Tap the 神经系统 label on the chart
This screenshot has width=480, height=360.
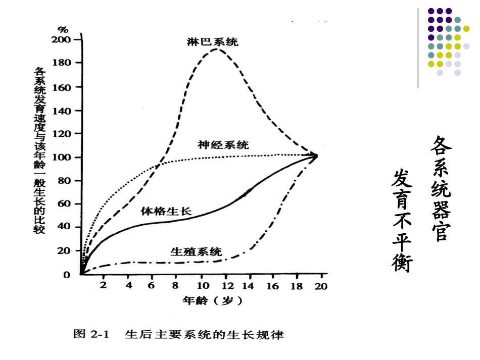click(x=223, y=145)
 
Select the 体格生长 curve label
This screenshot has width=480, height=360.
click(x=166, y=211)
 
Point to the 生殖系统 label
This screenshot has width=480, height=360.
click(x=196, y=251)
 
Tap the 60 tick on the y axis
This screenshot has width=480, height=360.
click(x=68, y=204)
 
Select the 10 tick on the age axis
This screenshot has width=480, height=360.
click(x=201, y=286)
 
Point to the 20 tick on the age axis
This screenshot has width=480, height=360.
click(x=321, y=286)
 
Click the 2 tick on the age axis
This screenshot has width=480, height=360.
click(x=103, y=286)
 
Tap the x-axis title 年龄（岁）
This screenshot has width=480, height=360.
click(x=212, y=301)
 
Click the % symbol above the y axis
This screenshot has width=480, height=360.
click(x=63, y=29)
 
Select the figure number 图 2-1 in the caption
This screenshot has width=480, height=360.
click(x=95, y=334)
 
